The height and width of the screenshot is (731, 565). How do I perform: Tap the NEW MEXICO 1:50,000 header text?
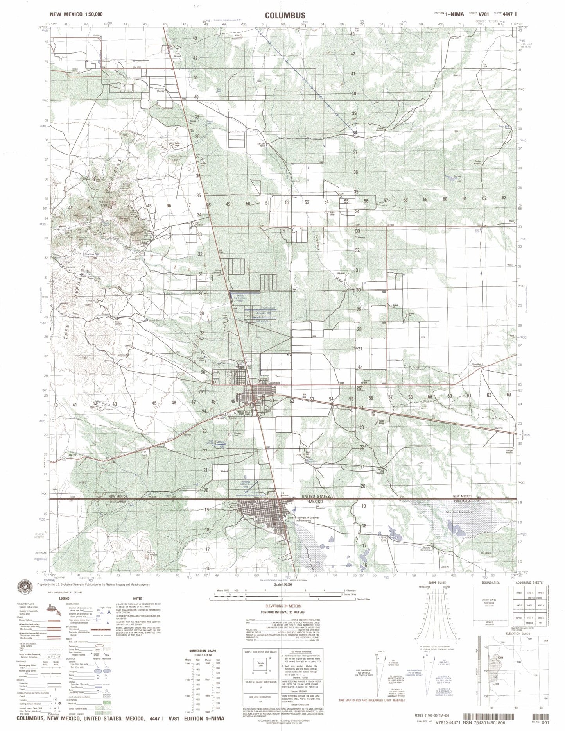77,14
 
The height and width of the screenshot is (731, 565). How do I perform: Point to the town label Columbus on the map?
275,383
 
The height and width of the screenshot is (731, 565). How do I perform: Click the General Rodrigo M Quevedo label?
304,518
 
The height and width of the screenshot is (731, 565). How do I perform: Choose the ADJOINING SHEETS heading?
526,593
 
